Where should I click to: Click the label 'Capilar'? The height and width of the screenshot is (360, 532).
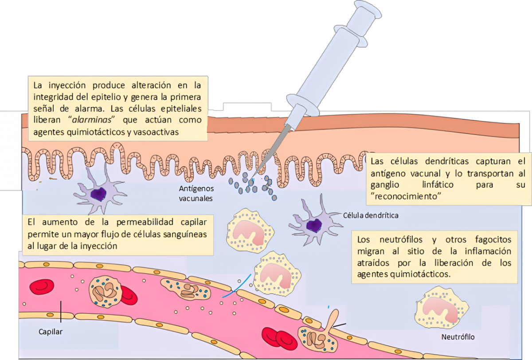pyautogui.click(x=51, y=331)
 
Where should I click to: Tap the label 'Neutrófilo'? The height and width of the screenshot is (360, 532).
pyautogui.click(x=458, y=337)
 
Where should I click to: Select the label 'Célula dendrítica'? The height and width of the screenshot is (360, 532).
pyautogui.click(x=371, y=216)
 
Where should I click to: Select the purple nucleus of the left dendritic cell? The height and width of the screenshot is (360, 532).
pyautogui.click(x=98, y=193)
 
